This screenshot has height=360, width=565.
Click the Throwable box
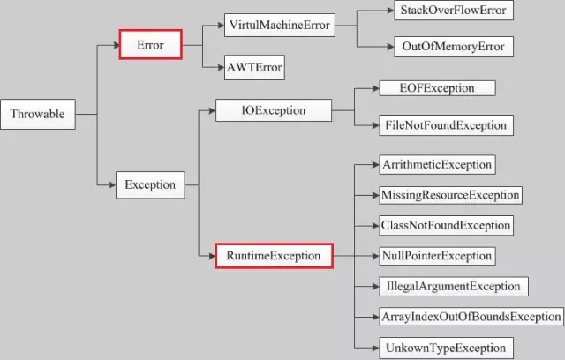click(x=38, y=114)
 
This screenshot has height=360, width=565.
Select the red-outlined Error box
click(x=151, y=45)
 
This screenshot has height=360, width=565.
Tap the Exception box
click(x=150, y=184)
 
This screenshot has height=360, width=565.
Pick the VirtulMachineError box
click(x=280, y=25)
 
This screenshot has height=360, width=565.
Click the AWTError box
click(x=254, y=67)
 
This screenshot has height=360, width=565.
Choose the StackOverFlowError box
click(x=454, y=10)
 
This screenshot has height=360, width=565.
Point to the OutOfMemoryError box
click(x=454, y=47)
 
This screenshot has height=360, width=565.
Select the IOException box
click(x=274, y=110)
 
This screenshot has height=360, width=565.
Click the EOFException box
click(x=438, y=88)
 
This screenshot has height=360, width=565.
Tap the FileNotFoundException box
click(x=447, y=125)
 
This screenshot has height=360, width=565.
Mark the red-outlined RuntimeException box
click(x=274, y=256)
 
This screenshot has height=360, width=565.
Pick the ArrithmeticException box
click(x=438, y=165)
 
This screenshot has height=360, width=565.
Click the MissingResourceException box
click(x=451, y=195)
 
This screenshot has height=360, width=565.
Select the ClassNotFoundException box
click(x=447, y=225)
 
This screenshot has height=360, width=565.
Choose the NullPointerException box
click(x=438, y=256)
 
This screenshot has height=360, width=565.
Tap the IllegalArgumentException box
click(x=454, y=287)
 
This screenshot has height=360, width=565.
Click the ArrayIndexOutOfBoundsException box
click(x=471, y=317)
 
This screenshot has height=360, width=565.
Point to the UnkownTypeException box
click(x=447, y=349)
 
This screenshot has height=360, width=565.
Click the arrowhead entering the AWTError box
click(x=221, y=67)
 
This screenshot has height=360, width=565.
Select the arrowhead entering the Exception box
click(x=112, y=184)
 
